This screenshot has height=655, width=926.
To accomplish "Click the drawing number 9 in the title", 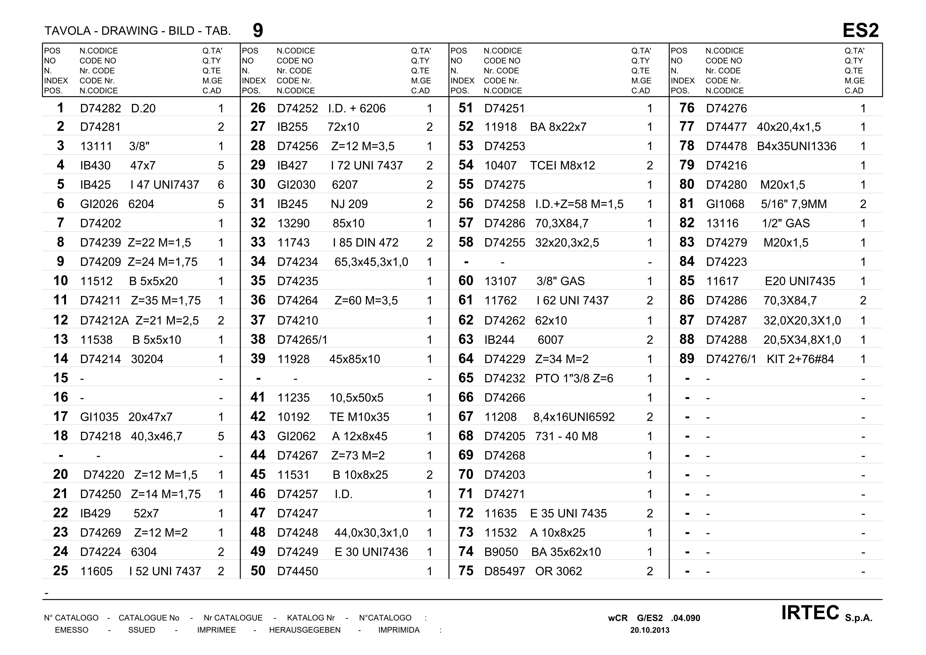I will [x=258, y=30].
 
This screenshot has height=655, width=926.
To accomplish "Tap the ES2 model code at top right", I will [x=860, y=30].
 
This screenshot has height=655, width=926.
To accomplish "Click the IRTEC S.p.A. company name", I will [x=826, y=614].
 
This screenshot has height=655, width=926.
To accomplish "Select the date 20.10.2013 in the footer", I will [x=650, y=630].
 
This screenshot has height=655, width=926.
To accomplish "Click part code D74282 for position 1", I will [x=100, y=108].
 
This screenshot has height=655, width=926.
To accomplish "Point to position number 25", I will [x=60, y=571].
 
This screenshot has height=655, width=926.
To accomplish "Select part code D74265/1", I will [x=302, y=340].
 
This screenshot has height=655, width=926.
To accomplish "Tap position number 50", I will [x=258, y=571].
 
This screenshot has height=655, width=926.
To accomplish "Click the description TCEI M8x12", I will [x=562, y=165].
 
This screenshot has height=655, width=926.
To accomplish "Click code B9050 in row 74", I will [x=501, y=552].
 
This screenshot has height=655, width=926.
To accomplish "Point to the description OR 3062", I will [x=559, y=571].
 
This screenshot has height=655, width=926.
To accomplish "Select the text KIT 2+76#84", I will [x=800, y=359].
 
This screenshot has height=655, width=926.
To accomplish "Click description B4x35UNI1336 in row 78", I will [x=797, y=146].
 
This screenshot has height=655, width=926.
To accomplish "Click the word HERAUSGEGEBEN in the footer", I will [x=305, y=630].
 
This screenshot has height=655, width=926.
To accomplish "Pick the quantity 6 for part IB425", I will [x=221, y=185].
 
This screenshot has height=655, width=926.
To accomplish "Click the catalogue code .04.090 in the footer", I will [x=686, y=618].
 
